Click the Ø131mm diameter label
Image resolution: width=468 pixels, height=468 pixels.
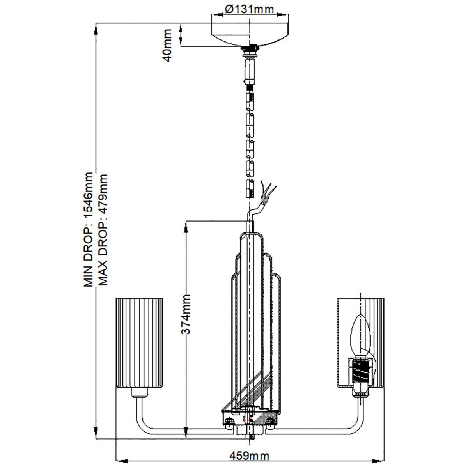click(x=249, y=9)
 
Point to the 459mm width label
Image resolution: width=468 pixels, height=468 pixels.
click(x=249, y=455)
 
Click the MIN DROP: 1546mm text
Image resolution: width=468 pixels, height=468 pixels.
click(x=90, y=230)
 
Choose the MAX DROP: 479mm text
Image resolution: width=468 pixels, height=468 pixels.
click(x=102, y=230)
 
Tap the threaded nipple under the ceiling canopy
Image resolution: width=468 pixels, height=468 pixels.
click(x=249, y=50)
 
